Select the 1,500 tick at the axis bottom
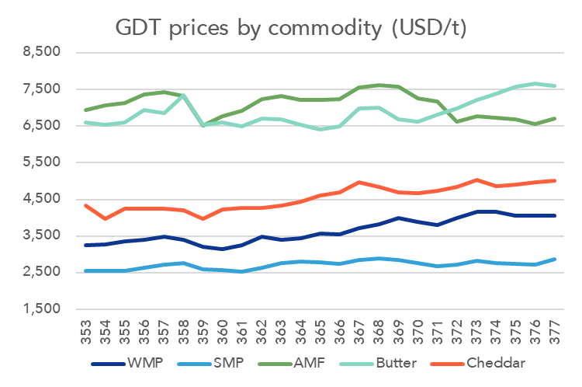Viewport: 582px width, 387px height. [x=43, y=309]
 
